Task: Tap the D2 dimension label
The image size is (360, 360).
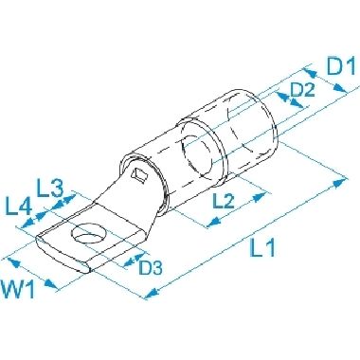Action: pyautogui.click(x=302, y=90)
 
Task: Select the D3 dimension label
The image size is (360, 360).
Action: pyautogui.click(x=151, y=268)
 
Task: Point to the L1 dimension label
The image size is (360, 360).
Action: pyautogui.click(x=262, y=248)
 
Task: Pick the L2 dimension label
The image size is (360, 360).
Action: pyautogui.click(x=224, y=201)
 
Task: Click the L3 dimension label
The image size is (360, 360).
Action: pyautogui.click(x=50, y=188)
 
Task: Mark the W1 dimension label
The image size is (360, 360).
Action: pyautogui.click(x=18, y=289)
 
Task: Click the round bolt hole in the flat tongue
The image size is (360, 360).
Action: pyautogui.click(x=88, y=234)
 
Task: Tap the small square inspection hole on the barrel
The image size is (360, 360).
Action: pyautogui.click(x=140, y=174)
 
